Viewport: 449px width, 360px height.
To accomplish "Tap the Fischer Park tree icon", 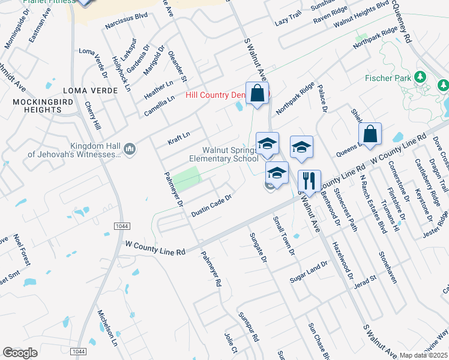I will coord(420,78).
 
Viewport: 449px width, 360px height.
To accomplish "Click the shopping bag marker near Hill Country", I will coord(258,94).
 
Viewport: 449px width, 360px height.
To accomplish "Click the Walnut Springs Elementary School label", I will coord(223,154).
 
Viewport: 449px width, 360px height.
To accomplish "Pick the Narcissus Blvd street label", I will coord(126,26).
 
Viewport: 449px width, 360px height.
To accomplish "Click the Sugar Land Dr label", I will coord(309,268).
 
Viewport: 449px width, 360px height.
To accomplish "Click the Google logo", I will coord(20,352).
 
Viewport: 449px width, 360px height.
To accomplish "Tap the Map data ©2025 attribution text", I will coord(424,355).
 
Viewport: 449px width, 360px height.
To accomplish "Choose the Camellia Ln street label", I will coord(159,106).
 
